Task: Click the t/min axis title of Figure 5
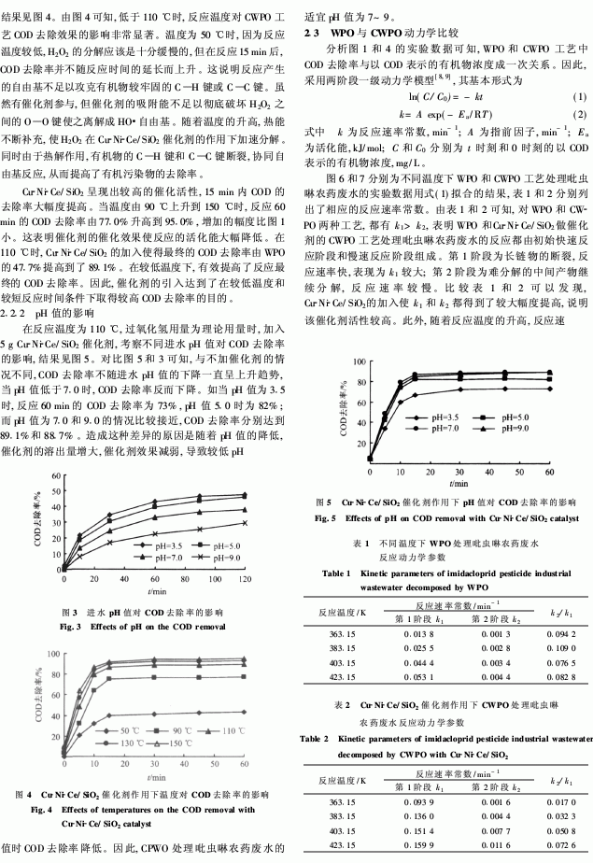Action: (x=457, y=482)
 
